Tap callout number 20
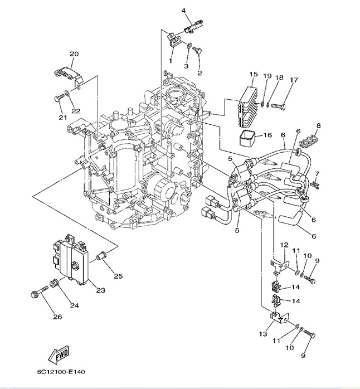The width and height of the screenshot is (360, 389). (74, 54)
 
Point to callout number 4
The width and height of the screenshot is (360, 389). (183, 11)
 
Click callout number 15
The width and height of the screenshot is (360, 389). (253, 75)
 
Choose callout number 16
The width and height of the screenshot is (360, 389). (267, 135)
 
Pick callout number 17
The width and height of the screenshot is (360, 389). (294, 80)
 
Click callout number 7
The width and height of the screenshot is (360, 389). (317, 174)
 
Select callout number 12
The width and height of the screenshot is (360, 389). (283, 245)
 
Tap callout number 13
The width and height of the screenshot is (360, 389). (263, 334)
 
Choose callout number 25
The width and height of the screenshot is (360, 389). (118, 276)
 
